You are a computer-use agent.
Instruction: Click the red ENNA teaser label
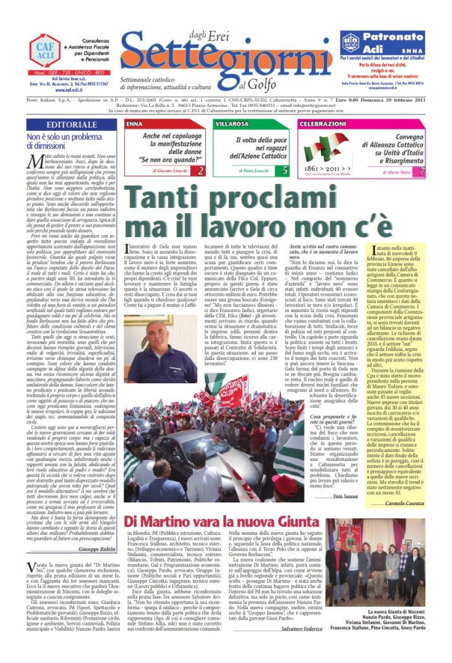click(135, 123)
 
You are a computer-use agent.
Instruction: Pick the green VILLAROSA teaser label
click(231, 123)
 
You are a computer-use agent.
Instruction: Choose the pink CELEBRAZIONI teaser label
click(323, 123)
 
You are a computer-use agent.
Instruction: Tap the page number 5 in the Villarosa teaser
click(286, 172)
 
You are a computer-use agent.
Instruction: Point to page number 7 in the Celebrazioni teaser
click(422, 172)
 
